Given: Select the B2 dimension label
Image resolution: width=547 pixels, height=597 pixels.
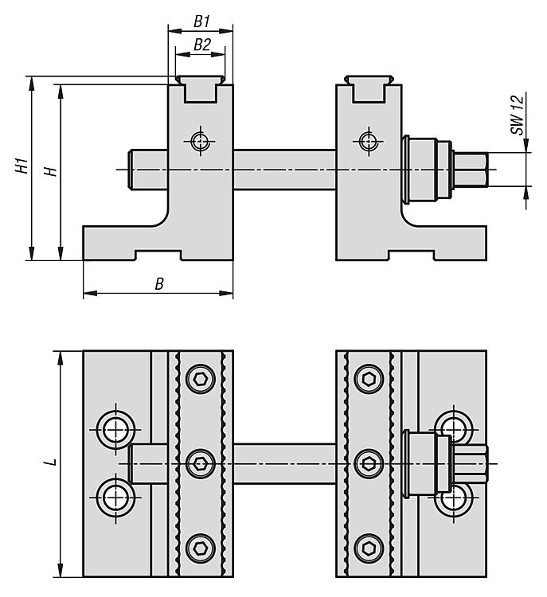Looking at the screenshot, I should (202, 45).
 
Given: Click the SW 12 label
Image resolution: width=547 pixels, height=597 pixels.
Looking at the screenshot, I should (518, 115).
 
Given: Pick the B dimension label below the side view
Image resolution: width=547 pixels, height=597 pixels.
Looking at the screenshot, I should (159, 284).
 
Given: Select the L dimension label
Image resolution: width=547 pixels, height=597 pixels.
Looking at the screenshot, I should (50, 463).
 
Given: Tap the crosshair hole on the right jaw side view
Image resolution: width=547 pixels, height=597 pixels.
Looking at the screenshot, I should (368, 142).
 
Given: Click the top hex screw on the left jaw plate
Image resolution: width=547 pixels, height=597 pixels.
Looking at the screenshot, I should (201, 378).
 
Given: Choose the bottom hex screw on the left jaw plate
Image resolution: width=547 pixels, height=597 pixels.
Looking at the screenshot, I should (201, 548).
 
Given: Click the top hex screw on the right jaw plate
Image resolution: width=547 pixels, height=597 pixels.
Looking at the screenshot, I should (368, 378).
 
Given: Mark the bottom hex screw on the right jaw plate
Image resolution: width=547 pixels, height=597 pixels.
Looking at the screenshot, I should (368, 548).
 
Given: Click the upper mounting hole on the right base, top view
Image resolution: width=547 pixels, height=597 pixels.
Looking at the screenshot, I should (455, 427).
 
